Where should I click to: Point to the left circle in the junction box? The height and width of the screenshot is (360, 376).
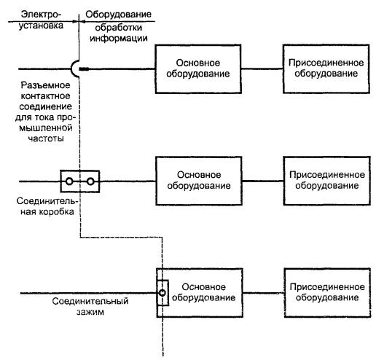pos(69,181)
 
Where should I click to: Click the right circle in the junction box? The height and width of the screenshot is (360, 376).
pos(90,181)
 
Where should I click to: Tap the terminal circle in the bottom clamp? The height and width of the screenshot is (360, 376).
pos(162,293)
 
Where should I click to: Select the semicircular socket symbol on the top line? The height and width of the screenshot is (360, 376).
pos(71,69)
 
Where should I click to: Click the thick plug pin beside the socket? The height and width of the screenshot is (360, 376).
pos(84,69)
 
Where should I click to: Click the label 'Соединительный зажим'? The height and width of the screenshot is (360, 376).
pos(90,306)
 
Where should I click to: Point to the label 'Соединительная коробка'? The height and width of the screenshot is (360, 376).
pos(47,206)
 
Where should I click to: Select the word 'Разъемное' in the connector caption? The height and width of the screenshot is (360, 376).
pos(45,85)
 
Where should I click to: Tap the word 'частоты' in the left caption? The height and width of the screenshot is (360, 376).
pos(46,138)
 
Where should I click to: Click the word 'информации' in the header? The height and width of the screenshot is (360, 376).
pos(119,39)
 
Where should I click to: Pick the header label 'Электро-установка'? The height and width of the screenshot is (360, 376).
pos(41,20)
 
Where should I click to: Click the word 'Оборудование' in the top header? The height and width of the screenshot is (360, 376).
pos(118,15)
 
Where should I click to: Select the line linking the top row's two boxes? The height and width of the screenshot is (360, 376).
pos(262,69)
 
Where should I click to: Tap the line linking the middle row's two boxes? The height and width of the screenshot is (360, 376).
pos(263,181)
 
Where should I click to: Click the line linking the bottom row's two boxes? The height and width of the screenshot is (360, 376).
pos(264,293)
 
